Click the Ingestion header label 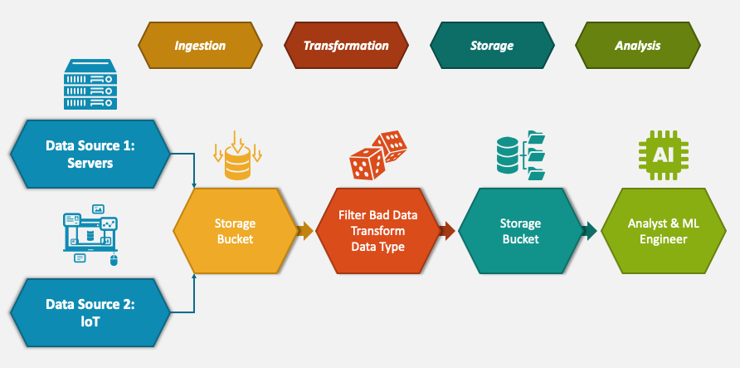click(x=200, y=46)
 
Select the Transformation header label click(x=346, y=46)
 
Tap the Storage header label click(x=492, y=46)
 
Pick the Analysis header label click(x=637, y=46)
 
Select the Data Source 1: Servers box click(x=90, y=155)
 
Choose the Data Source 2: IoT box click(x=90, y=312)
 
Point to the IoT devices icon click(x=90, y=233)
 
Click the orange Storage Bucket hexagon click(x=235, y=231)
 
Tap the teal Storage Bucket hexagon click(x=520, y=231)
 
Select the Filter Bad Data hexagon click(x=377, y=231)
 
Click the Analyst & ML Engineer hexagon click(x=657, y=231)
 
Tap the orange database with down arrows click(x=237, y=155)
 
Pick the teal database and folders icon click(x=520, y=155)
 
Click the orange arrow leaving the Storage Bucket click(x=305, y=231)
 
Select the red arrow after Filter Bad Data click(x=447, y=231)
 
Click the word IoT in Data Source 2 click(x=90, y=321)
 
